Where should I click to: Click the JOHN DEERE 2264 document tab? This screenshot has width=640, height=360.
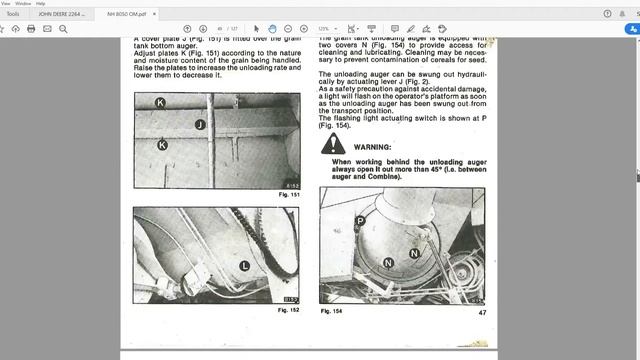[59, 14]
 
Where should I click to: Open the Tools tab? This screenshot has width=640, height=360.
[13, 14]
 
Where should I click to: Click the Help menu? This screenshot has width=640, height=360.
[40, 3]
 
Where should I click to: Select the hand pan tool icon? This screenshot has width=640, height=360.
[272, 29]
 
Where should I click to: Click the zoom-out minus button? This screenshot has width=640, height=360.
[288, 29]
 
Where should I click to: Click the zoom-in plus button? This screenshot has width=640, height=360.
[303, 29]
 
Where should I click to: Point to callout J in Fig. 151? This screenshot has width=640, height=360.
[200, 124]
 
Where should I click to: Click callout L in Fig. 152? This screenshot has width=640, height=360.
[244, 265]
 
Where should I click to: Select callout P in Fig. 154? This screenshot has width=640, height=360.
[360, 221]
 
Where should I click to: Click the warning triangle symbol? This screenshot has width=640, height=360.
[332, 146]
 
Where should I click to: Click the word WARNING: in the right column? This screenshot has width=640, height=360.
[373, 147]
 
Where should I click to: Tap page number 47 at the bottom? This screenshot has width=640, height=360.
[482, 313]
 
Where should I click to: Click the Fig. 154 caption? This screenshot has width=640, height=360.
[333, 312]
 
